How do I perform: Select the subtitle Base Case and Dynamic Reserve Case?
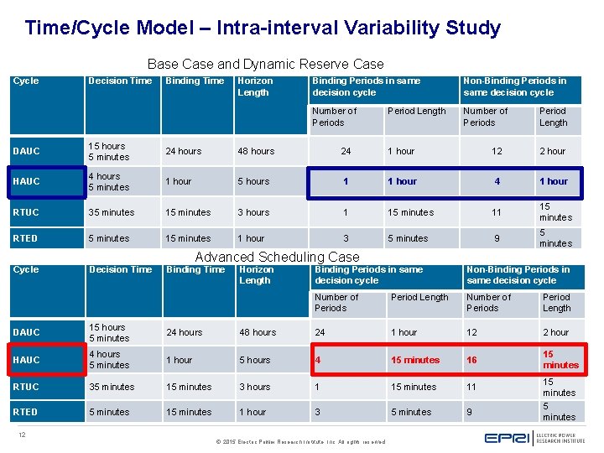tap(265, 64)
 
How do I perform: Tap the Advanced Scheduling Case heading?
tap(277, 258)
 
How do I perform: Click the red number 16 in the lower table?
tap(471, 360)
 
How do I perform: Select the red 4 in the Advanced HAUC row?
tap(318, 360)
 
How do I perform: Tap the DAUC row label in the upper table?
tap(27, 151)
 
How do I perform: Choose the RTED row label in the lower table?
tap(26, 412)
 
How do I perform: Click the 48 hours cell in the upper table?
tap(256, 151)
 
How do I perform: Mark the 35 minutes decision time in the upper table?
tap(112, 212)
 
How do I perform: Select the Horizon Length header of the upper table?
tap(255, 86)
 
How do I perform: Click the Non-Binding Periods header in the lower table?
tap(518, 275)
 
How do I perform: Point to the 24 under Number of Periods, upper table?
tap(346, 151)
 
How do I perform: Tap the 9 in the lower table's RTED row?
tap(470, 412)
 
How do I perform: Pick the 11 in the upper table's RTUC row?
tap(497, 212)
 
